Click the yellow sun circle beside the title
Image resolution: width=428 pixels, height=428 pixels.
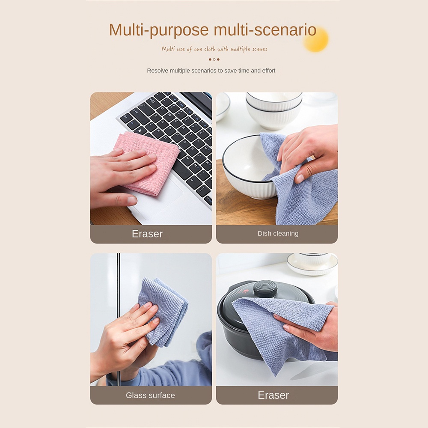tap(316, 39)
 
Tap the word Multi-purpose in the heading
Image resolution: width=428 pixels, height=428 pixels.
tap(159, 30)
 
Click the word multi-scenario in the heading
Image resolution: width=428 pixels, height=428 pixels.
tap(265, 30)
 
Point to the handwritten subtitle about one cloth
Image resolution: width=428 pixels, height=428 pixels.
tap(214, 49)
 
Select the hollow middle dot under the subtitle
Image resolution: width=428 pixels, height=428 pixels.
tap(214, 59)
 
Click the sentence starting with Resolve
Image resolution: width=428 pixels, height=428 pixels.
tap(211, 71)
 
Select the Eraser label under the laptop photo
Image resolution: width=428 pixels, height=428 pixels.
tap(147, 234)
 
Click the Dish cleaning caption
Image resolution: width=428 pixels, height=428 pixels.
tap(278, 233)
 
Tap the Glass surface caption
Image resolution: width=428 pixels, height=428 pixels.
tap(150, 395)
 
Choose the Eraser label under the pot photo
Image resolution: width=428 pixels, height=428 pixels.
tap(273, 395)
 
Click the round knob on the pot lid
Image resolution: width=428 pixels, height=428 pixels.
tap(265, 289)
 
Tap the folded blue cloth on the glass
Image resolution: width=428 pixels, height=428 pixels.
tap(164, 311)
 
